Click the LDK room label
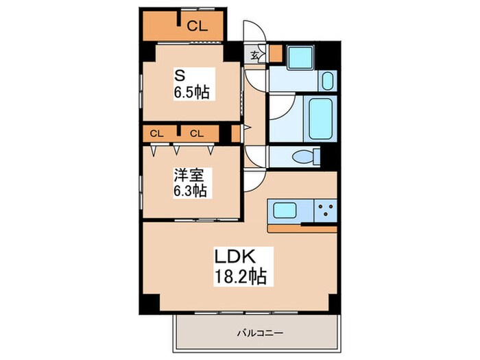[x=237, y=259]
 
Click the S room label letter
[x=180, y=74]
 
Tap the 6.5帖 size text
[x=191, y=90]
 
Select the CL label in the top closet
[x=197, y=26]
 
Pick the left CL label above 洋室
[x=156, y=132]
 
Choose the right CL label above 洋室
[x=197, y=132]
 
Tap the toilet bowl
[x=304, y=157]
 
